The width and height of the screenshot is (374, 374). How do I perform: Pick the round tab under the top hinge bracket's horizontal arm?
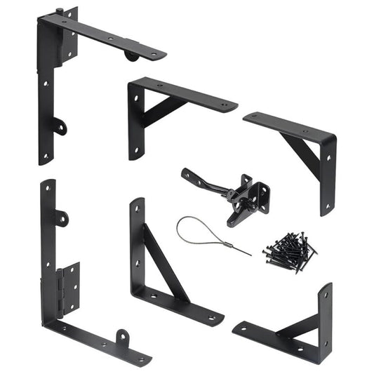131,55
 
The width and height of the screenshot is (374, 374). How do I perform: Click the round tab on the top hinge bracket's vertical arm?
60,128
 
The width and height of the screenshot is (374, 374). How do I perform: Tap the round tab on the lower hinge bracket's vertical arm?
61,218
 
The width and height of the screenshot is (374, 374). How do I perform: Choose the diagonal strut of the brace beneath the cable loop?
165,263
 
